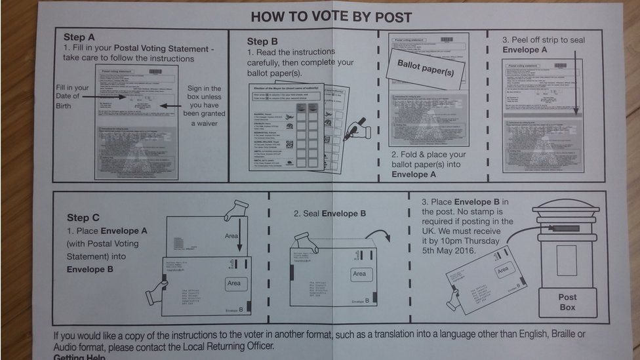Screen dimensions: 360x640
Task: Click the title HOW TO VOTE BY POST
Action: (331, 16)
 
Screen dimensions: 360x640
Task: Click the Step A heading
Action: (79, 37)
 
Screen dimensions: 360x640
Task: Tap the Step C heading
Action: (83, 218)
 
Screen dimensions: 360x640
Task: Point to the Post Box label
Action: (567, 302)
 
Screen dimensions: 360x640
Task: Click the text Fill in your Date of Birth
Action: (72, 97)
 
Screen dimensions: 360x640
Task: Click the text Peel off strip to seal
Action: (543, 40)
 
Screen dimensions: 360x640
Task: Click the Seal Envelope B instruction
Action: (330, 214)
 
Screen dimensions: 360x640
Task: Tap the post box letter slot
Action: (566, 228)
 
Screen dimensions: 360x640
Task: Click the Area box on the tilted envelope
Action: (503, 270)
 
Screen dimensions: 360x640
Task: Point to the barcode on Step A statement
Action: (155, 71)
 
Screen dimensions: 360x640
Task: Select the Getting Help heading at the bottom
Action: (81, 356)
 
